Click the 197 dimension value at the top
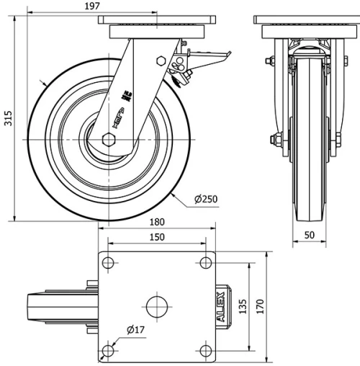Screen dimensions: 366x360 91,6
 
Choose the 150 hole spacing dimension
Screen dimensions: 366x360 157,236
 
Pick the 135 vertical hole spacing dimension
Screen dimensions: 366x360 242,306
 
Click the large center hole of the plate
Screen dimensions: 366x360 157,306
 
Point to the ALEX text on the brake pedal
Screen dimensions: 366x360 222,306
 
